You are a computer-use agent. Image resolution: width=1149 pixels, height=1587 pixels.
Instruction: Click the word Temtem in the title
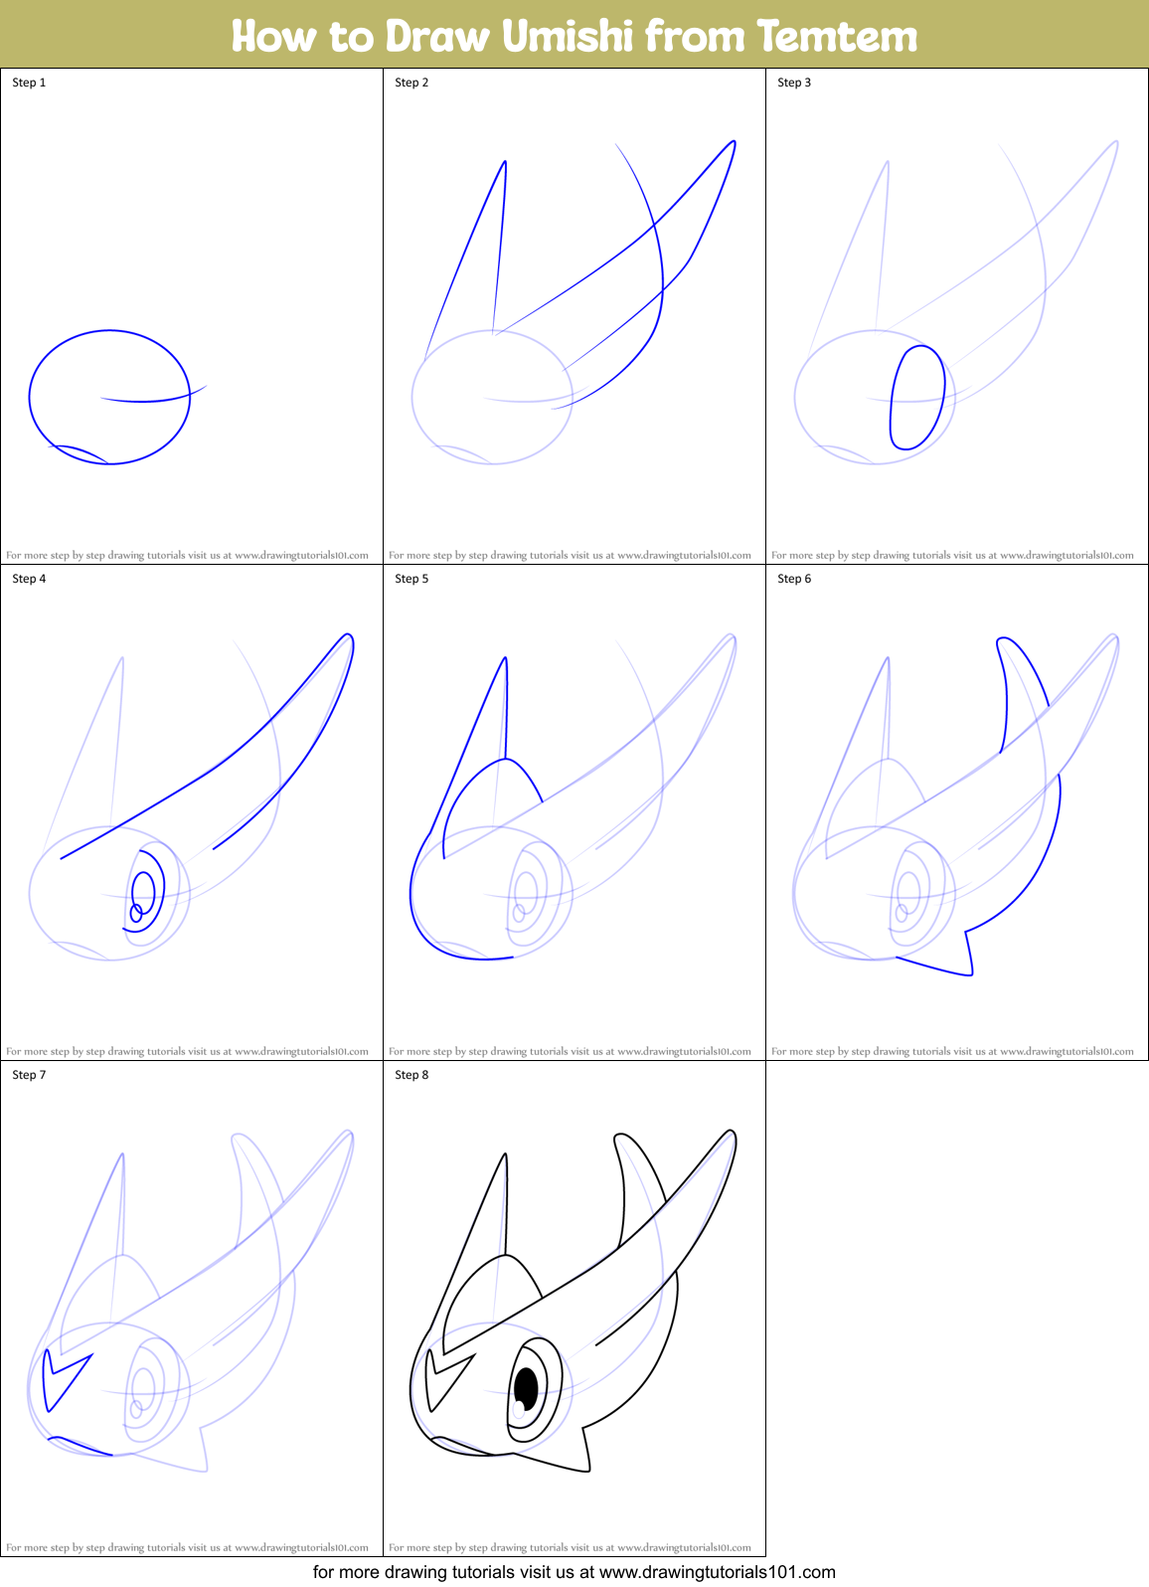[x=837, y=36]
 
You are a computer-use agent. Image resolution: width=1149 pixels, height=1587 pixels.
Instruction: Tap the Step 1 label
[x=29, y=83]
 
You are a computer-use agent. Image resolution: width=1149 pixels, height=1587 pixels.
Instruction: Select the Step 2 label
[x=411, y=83]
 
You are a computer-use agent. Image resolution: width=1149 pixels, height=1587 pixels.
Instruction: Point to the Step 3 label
[x=794, y=83]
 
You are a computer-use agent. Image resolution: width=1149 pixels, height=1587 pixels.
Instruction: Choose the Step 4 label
[x=29, y=579]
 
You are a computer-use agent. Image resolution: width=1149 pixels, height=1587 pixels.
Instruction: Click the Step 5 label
[x=411, y=579]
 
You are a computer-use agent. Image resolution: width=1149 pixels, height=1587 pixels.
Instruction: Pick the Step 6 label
[x=794, y=579]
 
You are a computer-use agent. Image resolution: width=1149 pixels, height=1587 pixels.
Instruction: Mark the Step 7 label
[x=29, y=1075]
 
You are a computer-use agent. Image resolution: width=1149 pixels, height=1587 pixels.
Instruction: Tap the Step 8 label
[x=411, y=1075]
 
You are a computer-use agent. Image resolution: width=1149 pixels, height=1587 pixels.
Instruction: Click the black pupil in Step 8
[x=526, y=1388]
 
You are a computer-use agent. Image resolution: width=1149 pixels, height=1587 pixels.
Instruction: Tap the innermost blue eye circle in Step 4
[x=136, y=913]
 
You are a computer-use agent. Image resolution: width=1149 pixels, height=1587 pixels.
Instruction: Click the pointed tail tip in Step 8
[x=588, y=1470]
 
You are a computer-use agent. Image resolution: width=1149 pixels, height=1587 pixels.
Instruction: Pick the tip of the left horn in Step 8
[x=505, y=1155]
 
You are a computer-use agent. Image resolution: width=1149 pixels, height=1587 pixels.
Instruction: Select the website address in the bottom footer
[x=717, y=1572]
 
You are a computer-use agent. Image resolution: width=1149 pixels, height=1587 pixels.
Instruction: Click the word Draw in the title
[x=437, y=36]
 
